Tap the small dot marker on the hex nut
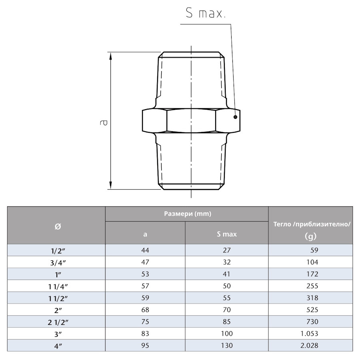tap(236, 117)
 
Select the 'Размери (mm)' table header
tap(187, 214)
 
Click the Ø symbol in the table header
tap(57, 226)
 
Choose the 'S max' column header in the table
tap(226, 234)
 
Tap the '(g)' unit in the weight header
tap(310, 236)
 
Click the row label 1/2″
tap(56, 250)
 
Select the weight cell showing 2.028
tap(310, 345)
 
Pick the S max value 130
tap(226, 345)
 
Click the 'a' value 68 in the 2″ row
tap(145, 310)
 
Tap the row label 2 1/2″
tap(56, 322)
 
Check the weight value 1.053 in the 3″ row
tap(310, 333)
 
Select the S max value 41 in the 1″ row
tap(226, 274)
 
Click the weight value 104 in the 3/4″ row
tap(310, 262)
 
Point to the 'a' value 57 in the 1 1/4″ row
tap(145, 286)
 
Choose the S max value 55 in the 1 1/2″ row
tap(226, 298)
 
